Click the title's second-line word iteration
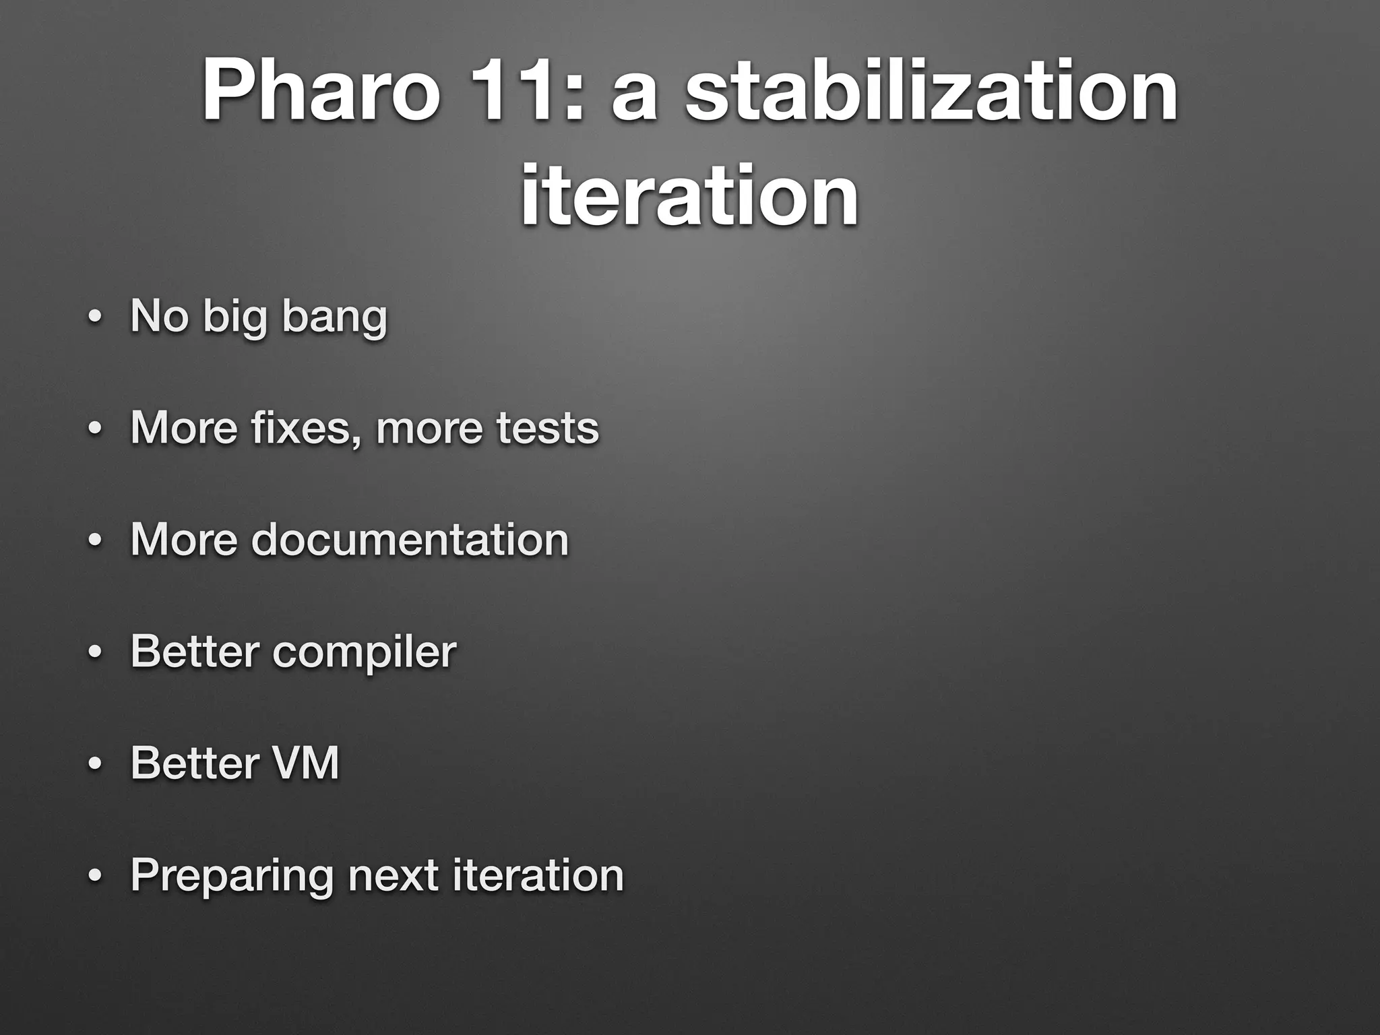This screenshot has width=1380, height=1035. (x=689, y=195)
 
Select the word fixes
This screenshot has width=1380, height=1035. (x=307, y=427)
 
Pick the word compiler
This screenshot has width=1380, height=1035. (x=364, y=652)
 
